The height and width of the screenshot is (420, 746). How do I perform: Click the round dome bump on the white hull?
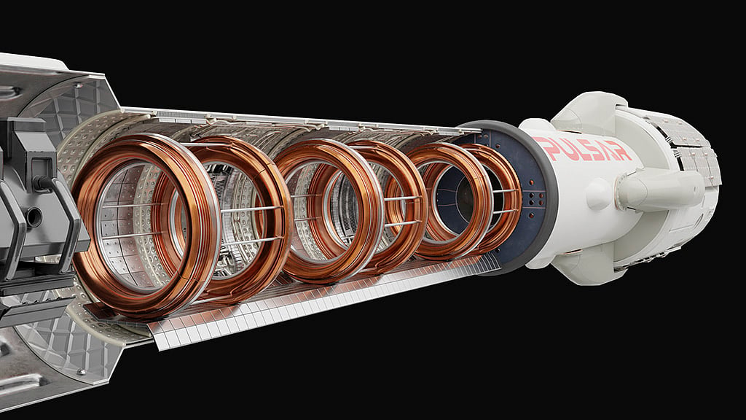[599, 194]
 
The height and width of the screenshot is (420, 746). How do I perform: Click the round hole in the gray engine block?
[34, 217]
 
